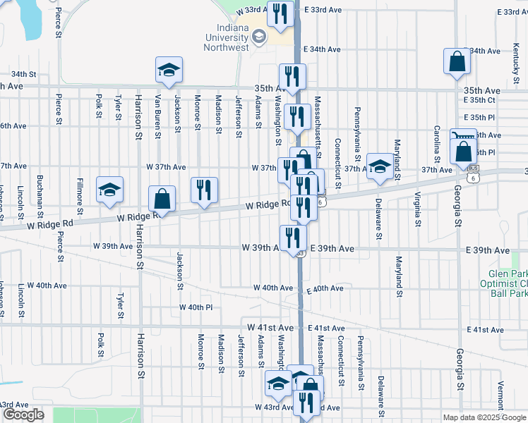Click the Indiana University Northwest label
(x=227, y=37)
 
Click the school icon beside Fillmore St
(x=110, y=190)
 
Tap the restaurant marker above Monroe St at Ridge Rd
(x=204, y=190)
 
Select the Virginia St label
(x=418, y=209)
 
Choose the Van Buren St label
(x=158, y=113)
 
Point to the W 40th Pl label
(x=196, y=307)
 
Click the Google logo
(x=23, y=415)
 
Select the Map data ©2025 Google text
(x=484, y=417)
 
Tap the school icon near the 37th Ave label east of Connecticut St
(x=380, y=167)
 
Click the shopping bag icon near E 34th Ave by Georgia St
(x=457, y=61)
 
